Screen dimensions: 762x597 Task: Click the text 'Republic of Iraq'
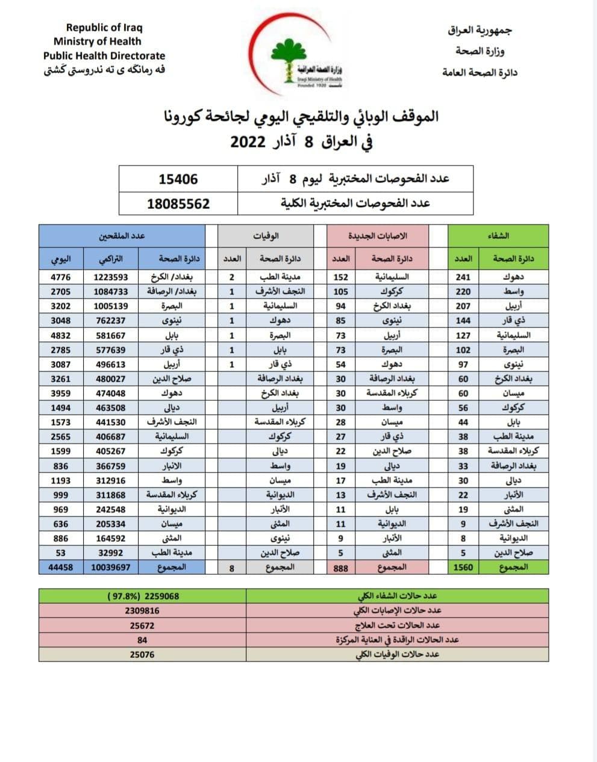pos(104,28)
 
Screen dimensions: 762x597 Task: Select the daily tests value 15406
pos(178,179)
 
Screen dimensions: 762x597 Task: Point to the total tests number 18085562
pos(178,203)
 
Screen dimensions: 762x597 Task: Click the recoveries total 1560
pos(463,567)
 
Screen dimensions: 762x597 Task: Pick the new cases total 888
pos(341,567)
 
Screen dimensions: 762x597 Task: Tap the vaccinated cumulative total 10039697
pos(111,567)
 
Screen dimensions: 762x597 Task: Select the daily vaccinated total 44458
pos(61,567)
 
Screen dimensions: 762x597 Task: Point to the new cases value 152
pos(341,277)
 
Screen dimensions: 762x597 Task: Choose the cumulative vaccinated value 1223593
pos(111,277)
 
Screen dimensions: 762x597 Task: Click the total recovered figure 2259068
pos(143,596)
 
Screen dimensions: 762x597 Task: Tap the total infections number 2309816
pos(142,611)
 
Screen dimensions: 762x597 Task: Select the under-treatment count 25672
pos(142,625)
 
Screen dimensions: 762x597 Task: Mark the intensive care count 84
pos(142,640)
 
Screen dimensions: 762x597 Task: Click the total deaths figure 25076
pos(142,654)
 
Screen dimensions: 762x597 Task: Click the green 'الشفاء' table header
pos(498,235)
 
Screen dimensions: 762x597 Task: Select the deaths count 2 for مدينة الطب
pos(232,277)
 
